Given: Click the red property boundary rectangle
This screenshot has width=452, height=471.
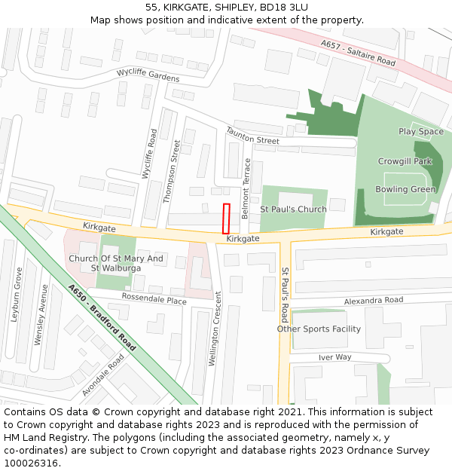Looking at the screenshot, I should (226, 218).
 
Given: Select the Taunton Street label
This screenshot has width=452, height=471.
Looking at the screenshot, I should (252, 136).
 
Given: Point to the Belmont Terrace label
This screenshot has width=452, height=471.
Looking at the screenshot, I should (246, 188).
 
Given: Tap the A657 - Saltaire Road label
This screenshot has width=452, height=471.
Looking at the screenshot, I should (358, 53).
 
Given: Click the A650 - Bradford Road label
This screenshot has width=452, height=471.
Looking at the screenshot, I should (102, 317).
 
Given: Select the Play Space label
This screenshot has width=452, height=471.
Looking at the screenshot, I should (421, 131).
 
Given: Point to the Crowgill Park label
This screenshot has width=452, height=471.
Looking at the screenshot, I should (405, 161).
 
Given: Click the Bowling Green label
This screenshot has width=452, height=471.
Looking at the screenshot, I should (405, 189).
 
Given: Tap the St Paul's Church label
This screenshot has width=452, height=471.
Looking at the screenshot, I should (293, 209).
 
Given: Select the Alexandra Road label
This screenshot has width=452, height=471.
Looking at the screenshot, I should (374, 300).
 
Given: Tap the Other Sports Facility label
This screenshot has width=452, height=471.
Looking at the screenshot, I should (319, 329).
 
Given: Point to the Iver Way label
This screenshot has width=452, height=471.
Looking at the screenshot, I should (334, 357).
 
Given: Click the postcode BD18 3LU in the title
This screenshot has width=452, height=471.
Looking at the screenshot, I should (283, 7).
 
